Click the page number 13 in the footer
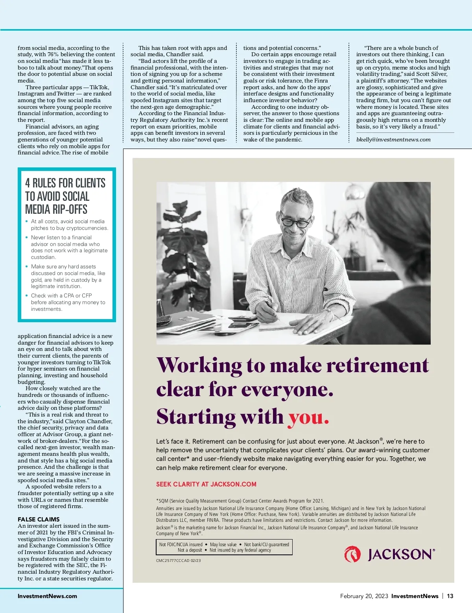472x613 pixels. tap(450, 596)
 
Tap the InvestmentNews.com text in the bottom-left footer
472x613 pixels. tap(47, 596)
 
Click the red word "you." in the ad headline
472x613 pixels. tap(308, 417)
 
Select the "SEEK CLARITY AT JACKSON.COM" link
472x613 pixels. tap(206, 484)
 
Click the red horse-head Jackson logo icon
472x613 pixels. tap(352, 554)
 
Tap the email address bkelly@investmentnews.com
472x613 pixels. tap(393, 139)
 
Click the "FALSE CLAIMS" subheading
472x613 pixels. tap(39, 519)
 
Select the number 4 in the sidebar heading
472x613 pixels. tap(28, 183)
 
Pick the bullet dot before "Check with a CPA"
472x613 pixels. tap(27, 295)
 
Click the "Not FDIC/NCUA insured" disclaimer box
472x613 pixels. tap(224, 547)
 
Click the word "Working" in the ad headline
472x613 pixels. tap(199, 365)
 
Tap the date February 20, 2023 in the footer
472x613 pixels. tap(364, 596)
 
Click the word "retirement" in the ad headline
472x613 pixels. tap(378, 365)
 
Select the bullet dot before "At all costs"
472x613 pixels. tap(27, 221)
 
